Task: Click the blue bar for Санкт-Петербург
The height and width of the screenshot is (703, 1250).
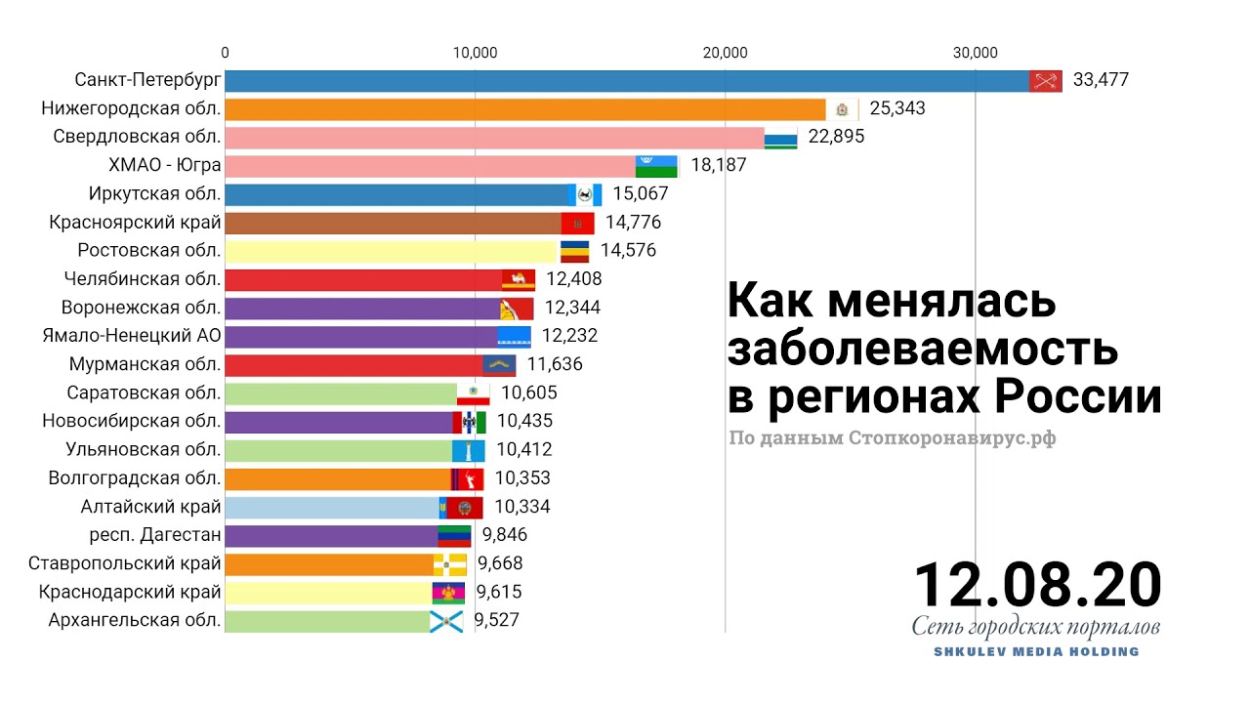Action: point(625,80)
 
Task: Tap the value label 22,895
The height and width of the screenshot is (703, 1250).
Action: point(836,137)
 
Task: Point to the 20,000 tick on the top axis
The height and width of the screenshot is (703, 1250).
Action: point(725,53)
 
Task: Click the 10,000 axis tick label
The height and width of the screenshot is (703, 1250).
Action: point(475,53)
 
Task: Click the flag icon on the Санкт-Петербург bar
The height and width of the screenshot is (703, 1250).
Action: point(1046,81)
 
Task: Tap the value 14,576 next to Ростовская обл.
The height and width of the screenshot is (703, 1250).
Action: point(629,250)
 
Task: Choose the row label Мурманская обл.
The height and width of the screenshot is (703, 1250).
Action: point(146,364)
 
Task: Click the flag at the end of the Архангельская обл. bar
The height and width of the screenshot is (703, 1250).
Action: point(446,620)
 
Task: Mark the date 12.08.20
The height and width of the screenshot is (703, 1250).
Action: point(1037,584)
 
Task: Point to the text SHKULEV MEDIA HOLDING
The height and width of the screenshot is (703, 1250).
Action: point(1037,651)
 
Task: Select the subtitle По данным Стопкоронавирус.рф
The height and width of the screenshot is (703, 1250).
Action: point(892,438)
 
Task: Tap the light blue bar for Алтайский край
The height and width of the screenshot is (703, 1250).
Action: point(332,507)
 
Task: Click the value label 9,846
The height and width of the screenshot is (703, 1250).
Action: point(504,535)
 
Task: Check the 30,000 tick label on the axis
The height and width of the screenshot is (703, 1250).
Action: point(975,53)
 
